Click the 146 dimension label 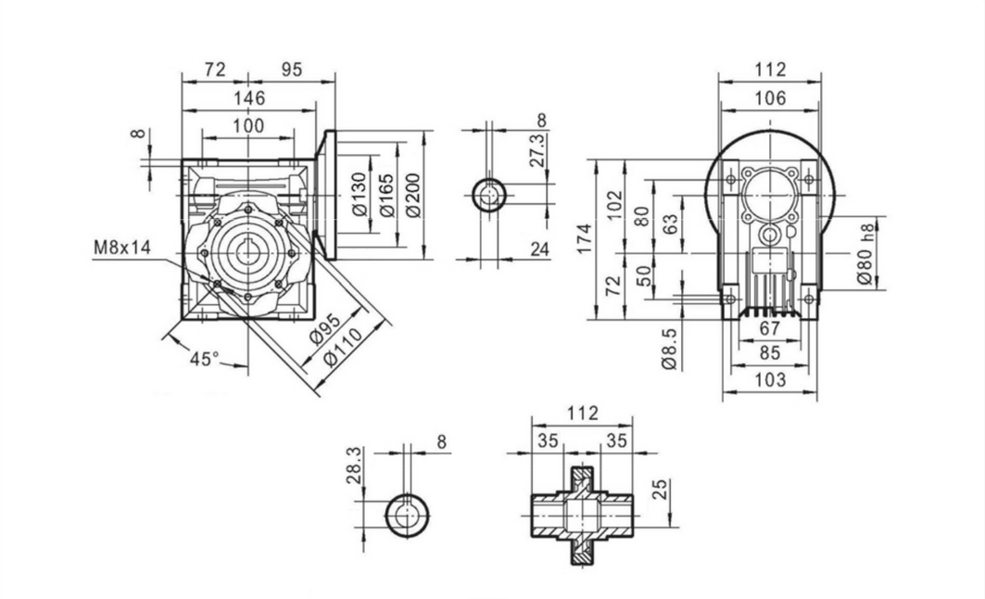click(248, 97)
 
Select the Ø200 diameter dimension click(414, 195)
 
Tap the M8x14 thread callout click(121, 248)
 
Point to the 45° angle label click(205, 358)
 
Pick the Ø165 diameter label click(387, 195)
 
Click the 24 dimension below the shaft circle click(541, 248)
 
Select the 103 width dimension click(769, 379)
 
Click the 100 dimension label click(248, 125)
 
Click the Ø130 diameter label click(360, 196)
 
